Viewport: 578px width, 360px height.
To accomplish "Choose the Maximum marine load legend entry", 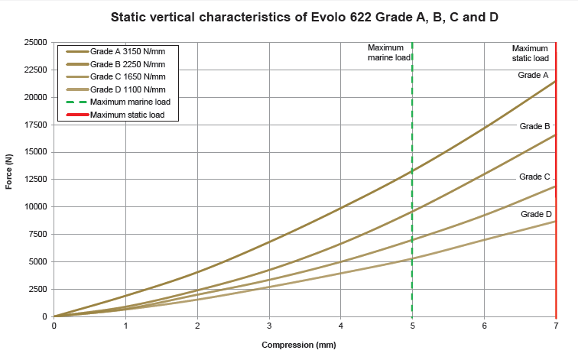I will point(130,102).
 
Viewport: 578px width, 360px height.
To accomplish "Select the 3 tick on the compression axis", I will point(269,326).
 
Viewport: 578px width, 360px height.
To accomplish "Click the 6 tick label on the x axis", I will point(484,326).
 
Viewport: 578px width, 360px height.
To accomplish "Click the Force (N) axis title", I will point(9,172).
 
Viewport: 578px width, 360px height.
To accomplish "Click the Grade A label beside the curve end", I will point(534,75).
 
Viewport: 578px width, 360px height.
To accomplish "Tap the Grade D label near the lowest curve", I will point(536,214).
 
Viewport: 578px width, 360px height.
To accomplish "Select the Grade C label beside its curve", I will point(534,177).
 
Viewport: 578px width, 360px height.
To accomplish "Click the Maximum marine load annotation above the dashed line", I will point(387,52).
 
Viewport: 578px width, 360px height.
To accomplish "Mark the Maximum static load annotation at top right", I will point(530,53).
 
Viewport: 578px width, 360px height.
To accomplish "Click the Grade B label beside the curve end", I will point(534,125).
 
